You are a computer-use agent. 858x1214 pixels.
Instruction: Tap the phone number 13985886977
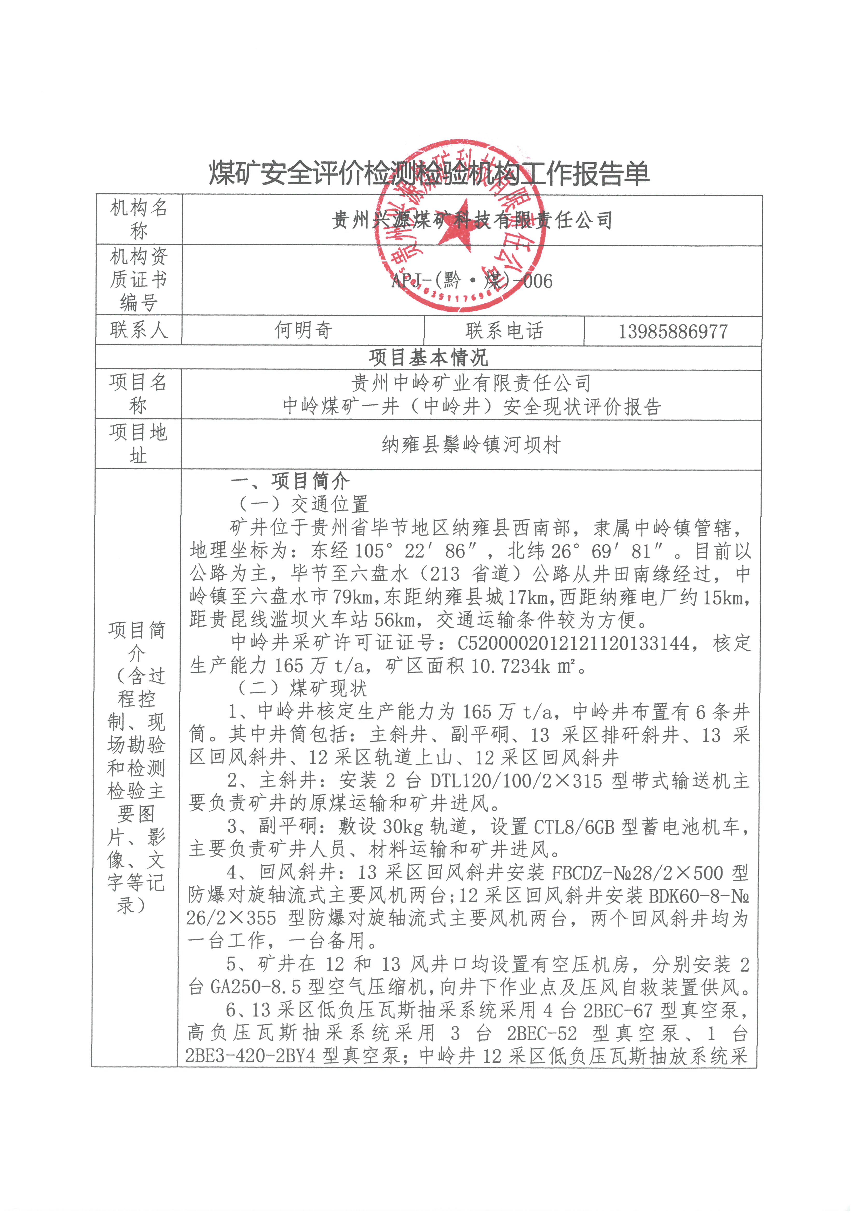[673, 331]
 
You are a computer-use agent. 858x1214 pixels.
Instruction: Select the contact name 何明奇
[303, 330]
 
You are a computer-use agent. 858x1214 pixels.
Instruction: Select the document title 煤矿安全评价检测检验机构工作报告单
[429, 173]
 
